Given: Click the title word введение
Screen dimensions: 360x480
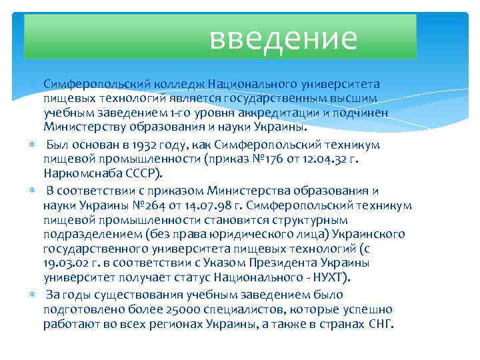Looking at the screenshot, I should pos(283,38).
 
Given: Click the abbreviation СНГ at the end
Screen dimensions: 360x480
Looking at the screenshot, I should pos(381,325).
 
